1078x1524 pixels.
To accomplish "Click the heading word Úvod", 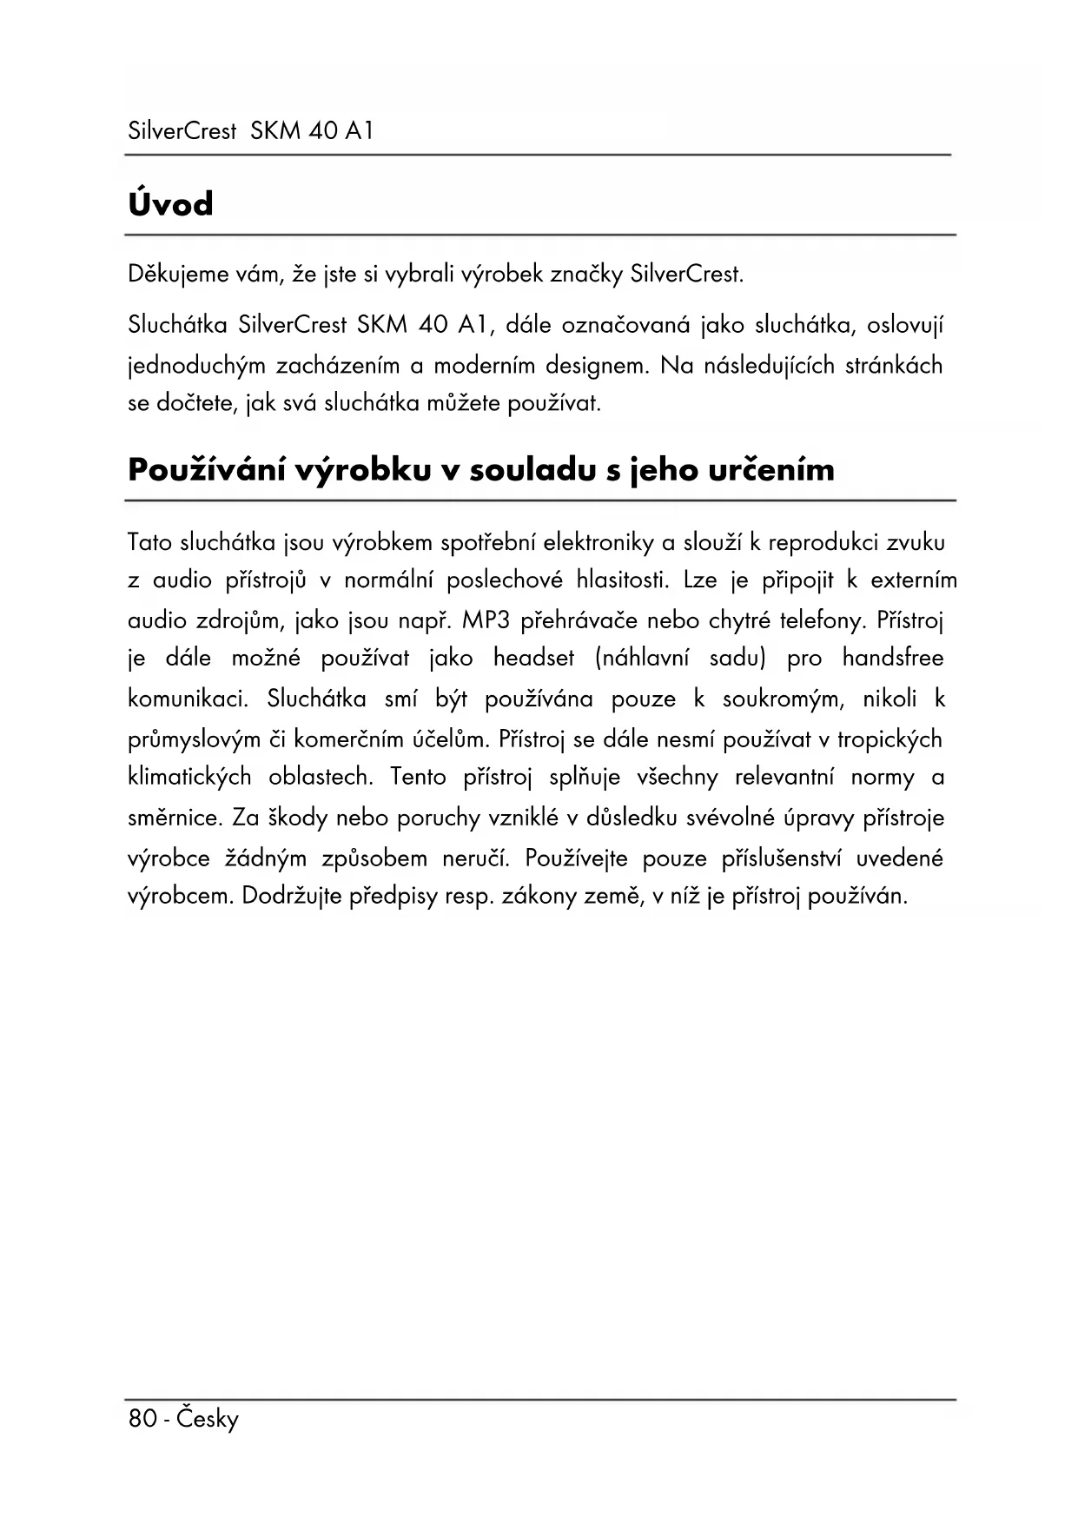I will pos(170,205).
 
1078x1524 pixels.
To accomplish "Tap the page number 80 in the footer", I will pos(142,1419).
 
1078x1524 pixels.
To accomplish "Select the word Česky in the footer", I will pos(207,1419).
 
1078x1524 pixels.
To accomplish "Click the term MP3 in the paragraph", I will pos(486,621).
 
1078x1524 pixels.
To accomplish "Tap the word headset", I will pos(533,659).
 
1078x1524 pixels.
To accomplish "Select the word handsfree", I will pos(892,659).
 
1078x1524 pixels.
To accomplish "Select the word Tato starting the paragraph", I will pos(149,543).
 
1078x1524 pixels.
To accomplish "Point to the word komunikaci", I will pos(188,699).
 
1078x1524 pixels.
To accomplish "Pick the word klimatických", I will pos(189,777).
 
